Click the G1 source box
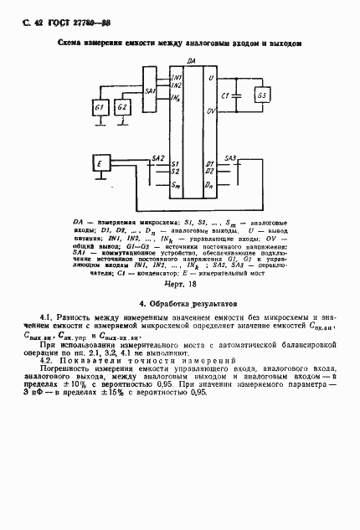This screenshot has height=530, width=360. (x=100, y=108)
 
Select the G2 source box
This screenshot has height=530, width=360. (x=123, y=108)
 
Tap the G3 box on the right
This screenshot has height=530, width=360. (x=262, y=95)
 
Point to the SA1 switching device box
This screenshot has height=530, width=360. (x=150, y=90)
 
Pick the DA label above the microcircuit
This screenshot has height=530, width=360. (x=192, y=62)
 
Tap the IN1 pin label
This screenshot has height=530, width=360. (x=176, y=77)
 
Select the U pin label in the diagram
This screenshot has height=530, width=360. (x=210, y=78)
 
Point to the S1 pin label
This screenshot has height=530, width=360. (x=174, y=163)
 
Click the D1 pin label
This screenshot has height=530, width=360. (x=210, y=163)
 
